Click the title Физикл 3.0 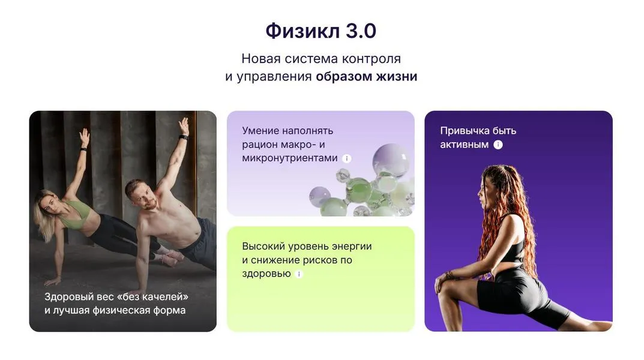(321, 31)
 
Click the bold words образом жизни (366, 77)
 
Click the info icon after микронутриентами (346, 158)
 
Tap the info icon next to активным (498, 145)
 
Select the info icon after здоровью (299, 274)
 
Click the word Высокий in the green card (262, 246)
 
